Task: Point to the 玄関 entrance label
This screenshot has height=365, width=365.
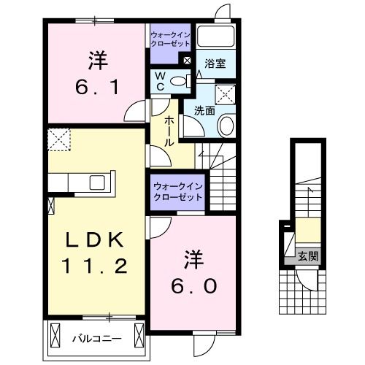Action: tap(307, 255)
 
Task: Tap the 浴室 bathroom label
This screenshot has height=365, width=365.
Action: tap(215, 64)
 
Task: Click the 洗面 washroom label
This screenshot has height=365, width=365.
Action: tap(204, 112)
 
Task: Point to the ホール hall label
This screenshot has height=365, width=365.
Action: tap(169, 131)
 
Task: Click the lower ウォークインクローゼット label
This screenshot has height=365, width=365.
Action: tap(177, 191)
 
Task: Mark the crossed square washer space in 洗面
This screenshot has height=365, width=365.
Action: tap(226, 93)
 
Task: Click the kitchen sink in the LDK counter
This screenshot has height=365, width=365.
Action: tap(97, 181)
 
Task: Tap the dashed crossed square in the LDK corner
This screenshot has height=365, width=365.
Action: tap(58, 137)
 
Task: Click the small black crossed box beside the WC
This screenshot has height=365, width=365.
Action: tap(188, 61)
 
